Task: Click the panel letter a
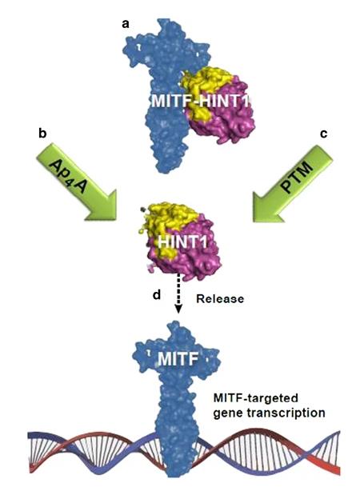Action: (x=126, y=24)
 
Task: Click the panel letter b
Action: (x=42, y=133)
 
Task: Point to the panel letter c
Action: (x=324, y=134)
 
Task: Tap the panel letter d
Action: (x=157, y=294)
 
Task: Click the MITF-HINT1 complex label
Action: (x=200, y=101)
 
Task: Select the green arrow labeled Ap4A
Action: (x=77, y=182)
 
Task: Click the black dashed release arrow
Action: (x=178, y=293)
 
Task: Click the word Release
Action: (x=220, y=299)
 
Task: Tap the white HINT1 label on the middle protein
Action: (x=182, y=242)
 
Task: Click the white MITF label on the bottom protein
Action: (x=178, y=359)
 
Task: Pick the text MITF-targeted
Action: (x=256, y=398)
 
